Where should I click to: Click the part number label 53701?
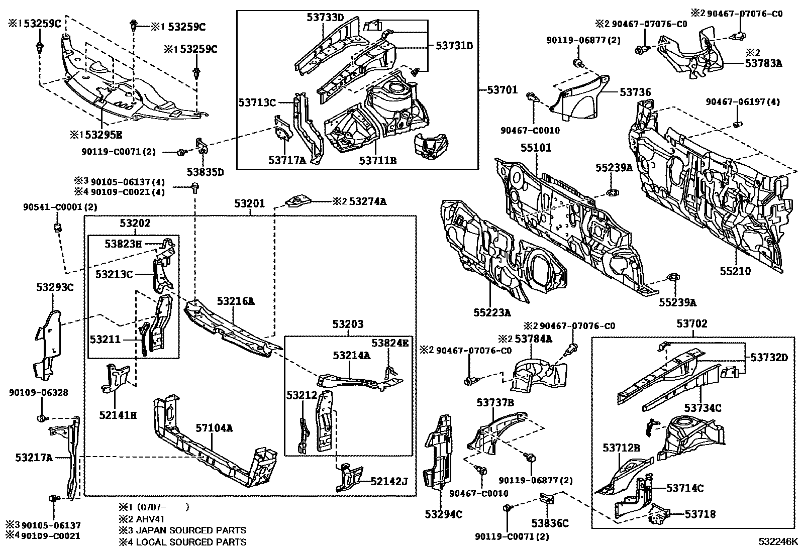tap(502, 90)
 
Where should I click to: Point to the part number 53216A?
tap(236, 301)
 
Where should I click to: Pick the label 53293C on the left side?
tap(55, 287)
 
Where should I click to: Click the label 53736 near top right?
tap(635, 92)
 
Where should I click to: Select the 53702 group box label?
tap(692, 323)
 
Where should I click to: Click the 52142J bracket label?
tap(389, 482)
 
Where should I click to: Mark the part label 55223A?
tap(492, 312)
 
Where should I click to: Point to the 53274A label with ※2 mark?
tap(368, 201)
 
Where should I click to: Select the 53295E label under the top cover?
tap(102, 135)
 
